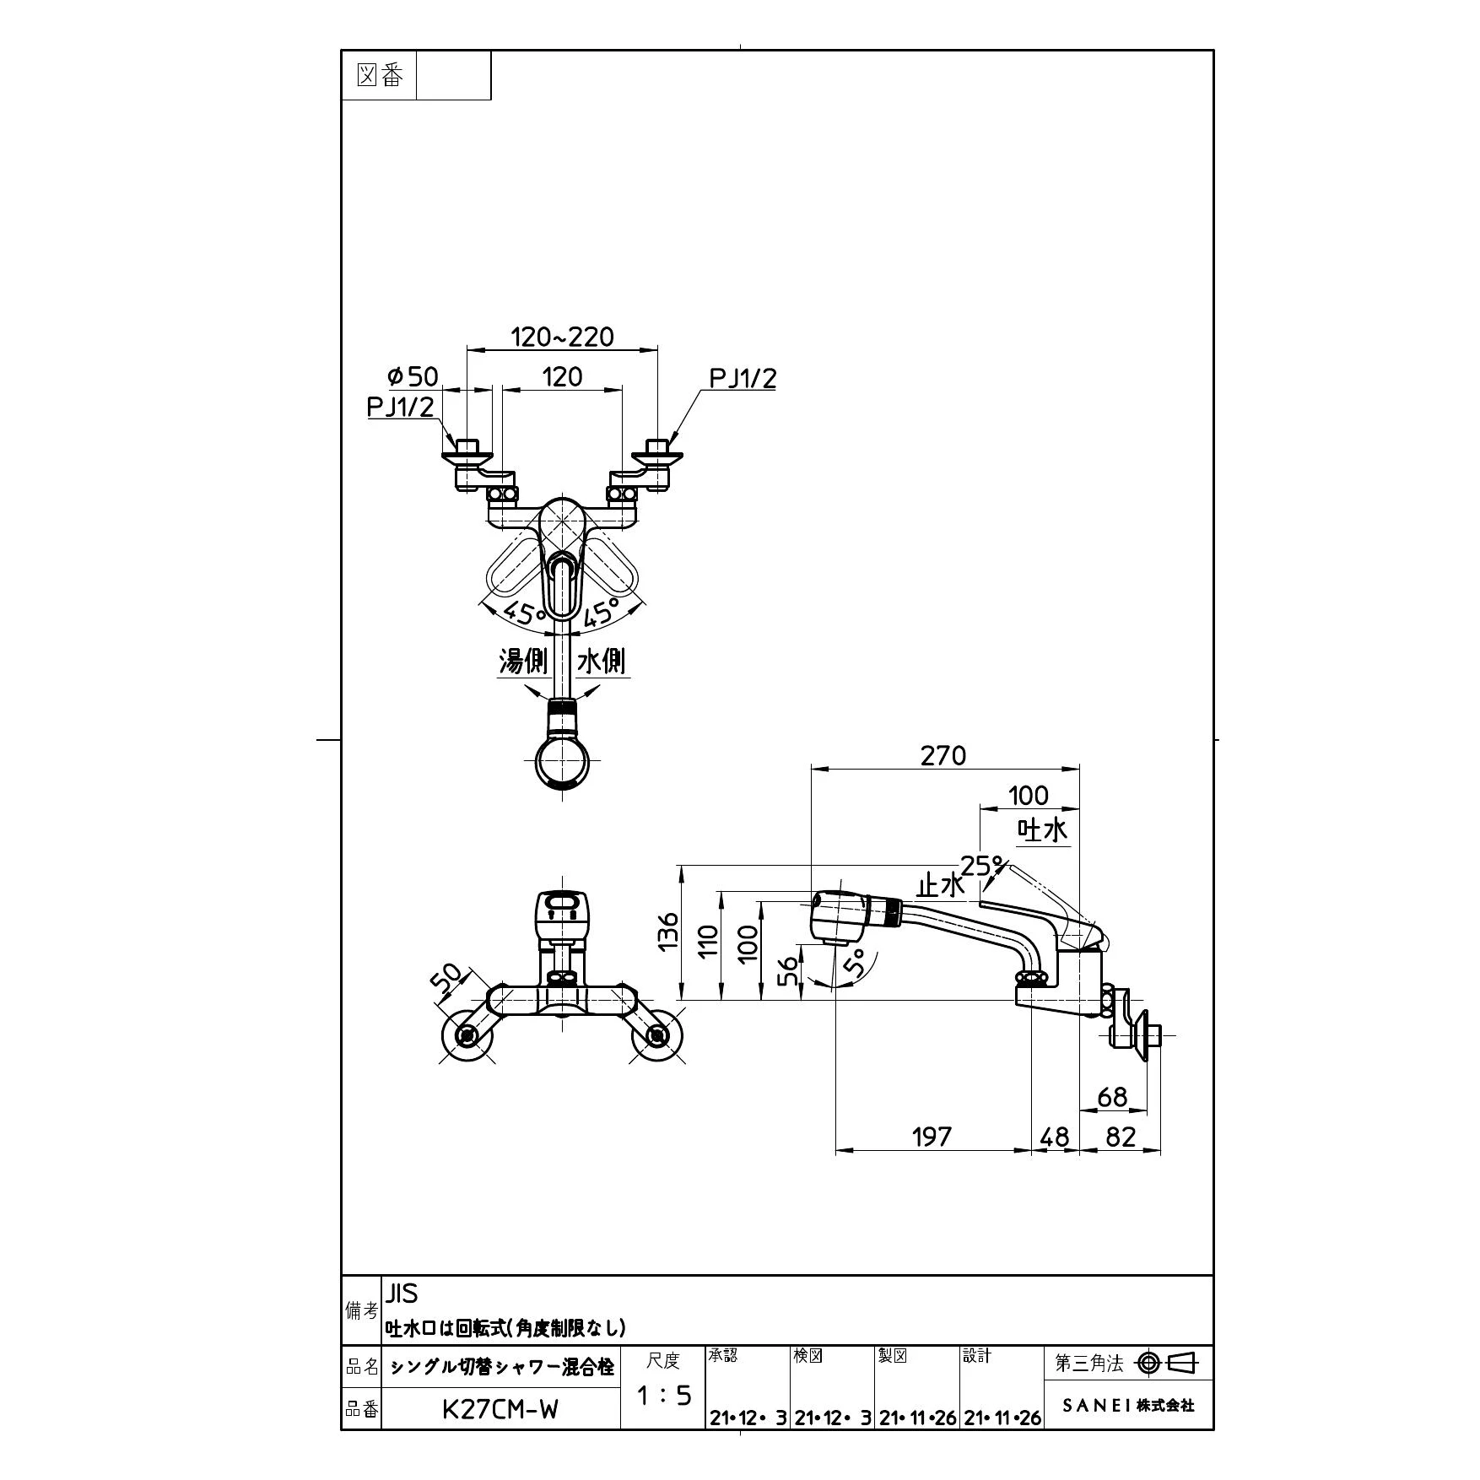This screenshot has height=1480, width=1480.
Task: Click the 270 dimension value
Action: [943, 755]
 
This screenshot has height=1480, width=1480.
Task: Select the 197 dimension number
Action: [932, 1137]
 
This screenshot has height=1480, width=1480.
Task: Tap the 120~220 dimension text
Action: [562, 337]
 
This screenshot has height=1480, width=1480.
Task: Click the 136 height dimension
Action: [668, 931]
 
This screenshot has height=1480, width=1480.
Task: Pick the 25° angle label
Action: [984, 866]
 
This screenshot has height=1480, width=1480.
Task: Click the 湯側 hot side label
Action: [523, 661]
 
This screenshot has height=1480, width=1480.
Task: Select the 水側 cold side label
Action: [601, 661]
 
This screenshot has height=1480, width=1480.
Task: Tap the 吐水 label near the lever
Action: [1043, 830]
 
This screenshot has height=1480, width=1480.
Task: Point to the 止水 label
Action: [940, 885]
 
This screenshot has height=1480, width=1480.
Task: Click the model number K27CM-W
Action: [500, 1409]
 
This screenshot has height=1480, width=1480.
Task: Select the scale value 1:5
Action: [663, 1396]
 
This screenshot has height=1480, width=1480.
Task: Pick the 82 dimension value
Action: [1121, 1137]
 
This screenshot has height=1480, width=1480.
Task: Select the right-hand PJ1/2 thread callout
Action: [742, 379]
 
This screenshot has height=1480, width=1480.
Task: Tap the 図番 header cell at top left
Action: [379, 76]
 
